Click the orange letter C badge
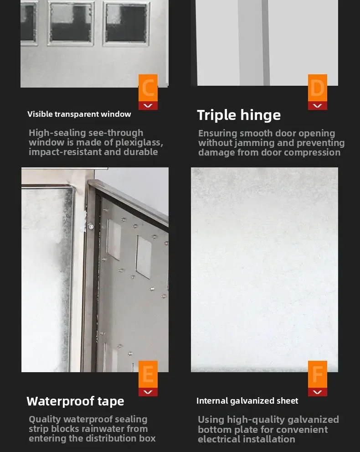click(148, 88)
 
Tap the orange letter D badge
click(318, 88)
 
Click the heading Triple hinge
click(239, 115)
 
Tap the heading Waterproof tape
click(75, 401)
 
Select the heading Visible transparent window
click(79, 114)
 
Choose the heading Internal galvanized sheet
click(247, 401)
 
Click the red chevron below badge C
click(148, 106)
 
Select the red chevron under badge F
click(318, 392)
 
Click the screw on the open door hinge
click(91, 226)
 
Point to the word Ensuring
click(217, 133)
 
